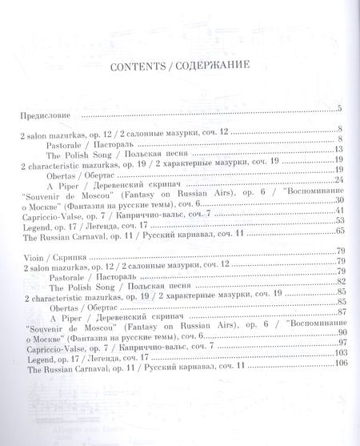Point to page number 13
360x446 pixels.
point(338,149)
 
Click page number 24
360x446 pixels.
point(338,179)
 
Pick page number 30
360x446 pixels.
point(338,199)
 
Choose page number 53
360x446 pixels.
point(338,220)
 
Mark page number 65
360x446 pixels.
point(338,231)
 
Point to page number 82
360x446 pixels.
point(338,281)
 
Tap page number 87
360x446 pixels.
point(338,311)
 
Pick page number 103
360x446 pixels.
point(337,352)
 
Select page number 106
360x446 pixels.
point(337,364)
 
